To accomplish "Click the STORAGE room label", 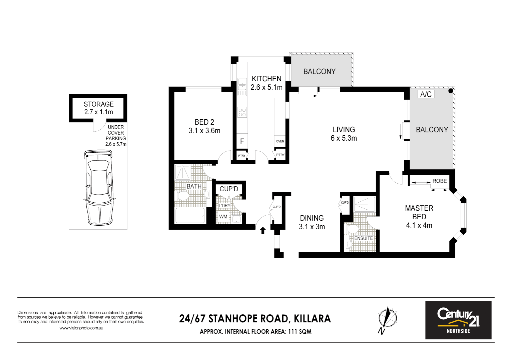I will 98,104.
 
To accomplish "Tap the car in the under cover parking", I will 99,187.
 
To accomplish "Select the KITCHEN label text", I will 266,79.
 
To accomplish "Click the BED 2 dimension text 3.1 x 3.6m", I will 204,131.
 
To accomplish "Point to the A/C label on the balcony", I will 426,94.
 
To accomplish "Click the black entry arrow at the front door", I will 263,230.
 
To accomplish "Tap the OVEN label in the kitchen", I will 280,141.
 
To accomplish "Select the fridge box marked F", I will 242,141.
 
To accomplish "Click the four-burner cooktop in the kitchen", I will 242,112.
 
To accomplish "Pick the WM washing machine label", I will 223,217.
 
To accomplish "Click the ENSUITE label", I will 363,238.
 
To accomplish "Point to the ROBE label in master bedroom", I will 439,181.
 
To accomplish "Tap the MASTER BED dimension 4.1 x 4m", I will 419,225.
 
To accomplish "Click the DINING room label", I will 312,218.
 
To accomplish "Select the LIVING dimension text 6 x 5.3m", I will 344,138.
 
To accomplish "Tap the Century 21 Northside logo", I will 458,320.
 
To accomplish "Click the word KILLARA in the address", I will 312,319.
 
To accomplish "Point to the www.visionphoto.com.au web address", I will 81,328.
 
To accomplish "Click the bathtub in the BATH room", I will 190,215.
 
